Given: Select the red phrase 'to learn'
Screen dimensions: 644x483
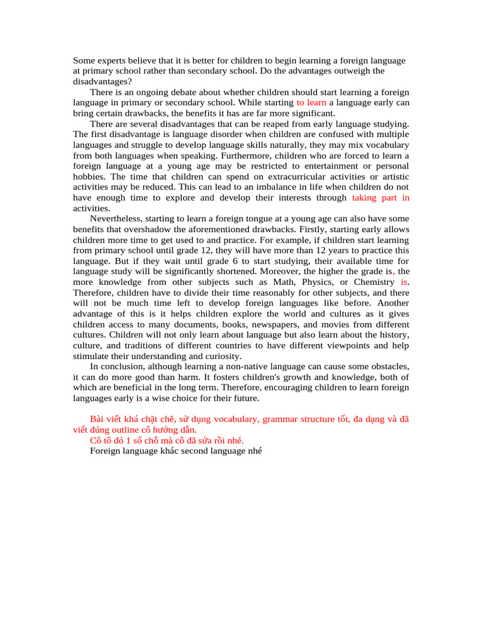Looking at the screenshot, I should (x=311, y=102).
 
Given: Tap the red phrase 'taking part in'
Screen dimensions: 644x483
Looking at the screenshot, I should (x=381, y=197).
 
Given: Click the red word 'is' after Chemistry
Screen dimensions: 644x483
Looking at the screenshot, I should (x=404, y=282).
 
